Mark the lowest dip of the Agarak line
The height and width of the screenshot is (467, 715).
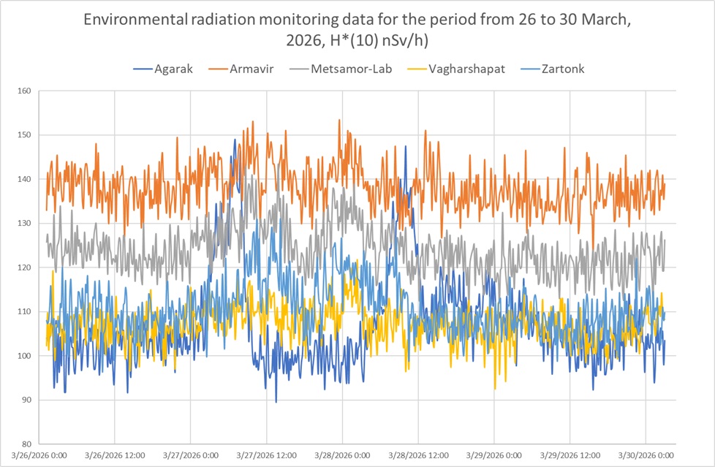pyautogui.click(x=276, y=401)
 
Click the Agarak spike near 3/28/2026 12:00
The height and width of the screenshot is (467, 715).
pyautogui.click(x=406, y=146)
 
